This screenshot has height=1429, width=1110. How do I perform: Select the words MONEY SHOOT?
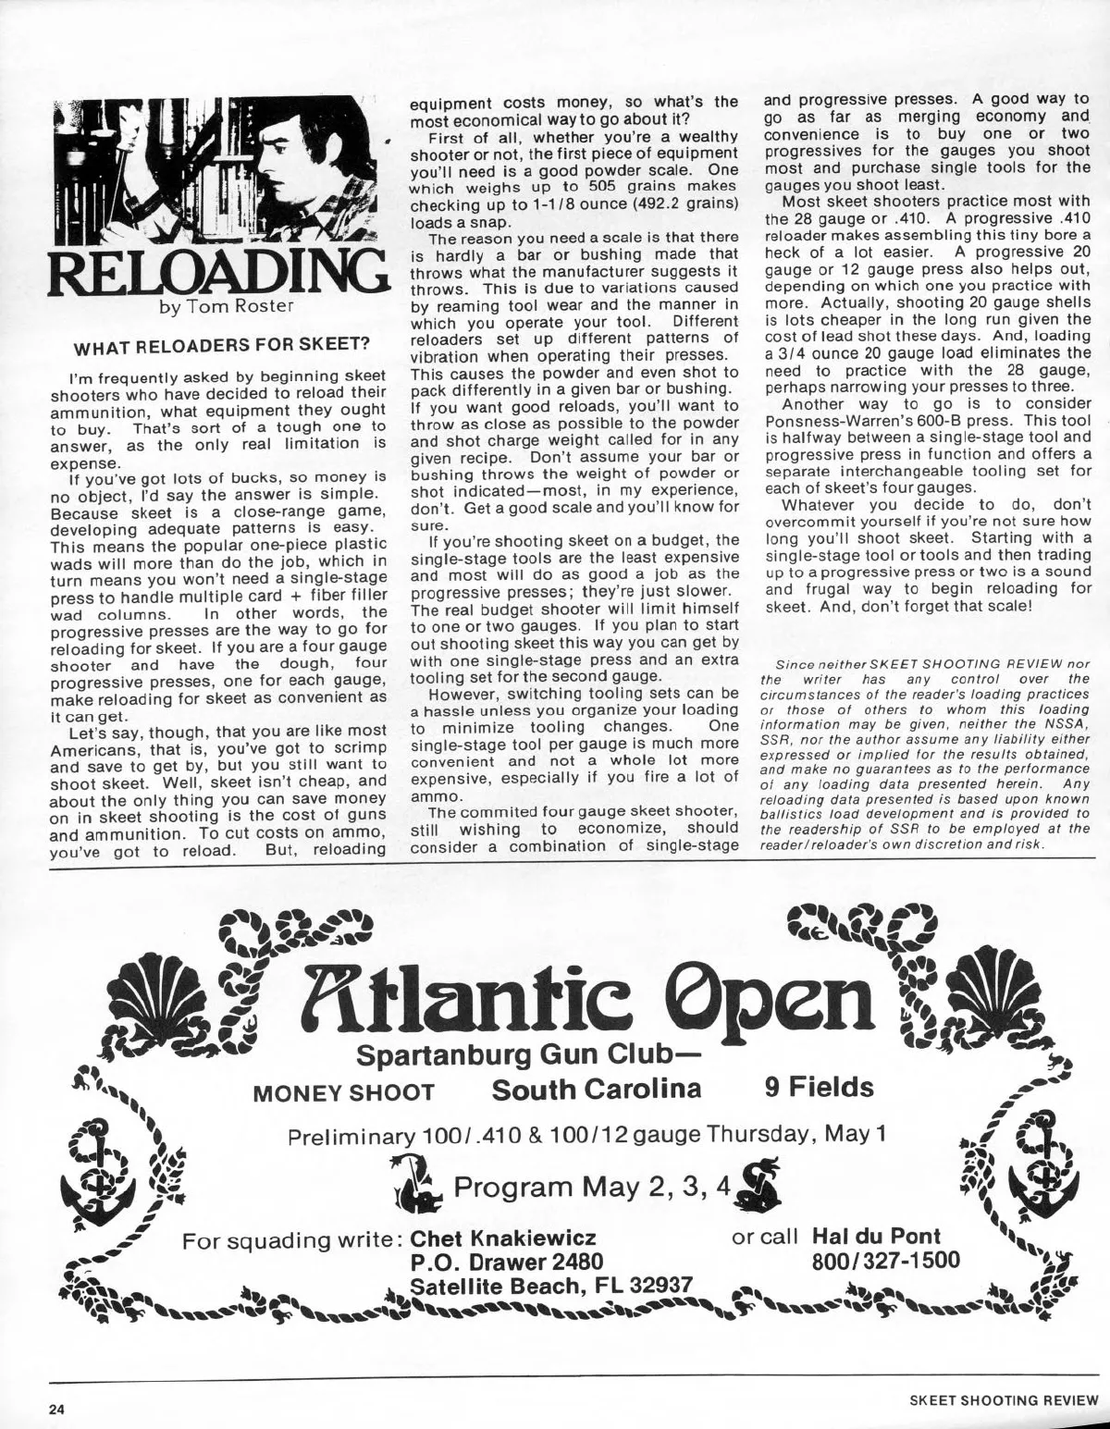344,1092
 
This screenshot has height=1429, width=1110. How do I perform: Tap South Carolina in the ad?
597,1088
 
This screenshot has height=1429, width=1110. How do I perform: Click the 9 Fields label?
820,1088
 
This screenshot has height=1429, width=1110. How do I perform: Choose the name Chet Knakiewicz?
502,1238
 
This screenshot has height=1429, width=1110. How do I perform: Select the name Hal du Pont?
875,1237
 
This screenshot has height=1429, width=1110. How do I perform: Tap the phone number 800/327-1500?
885,1261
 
